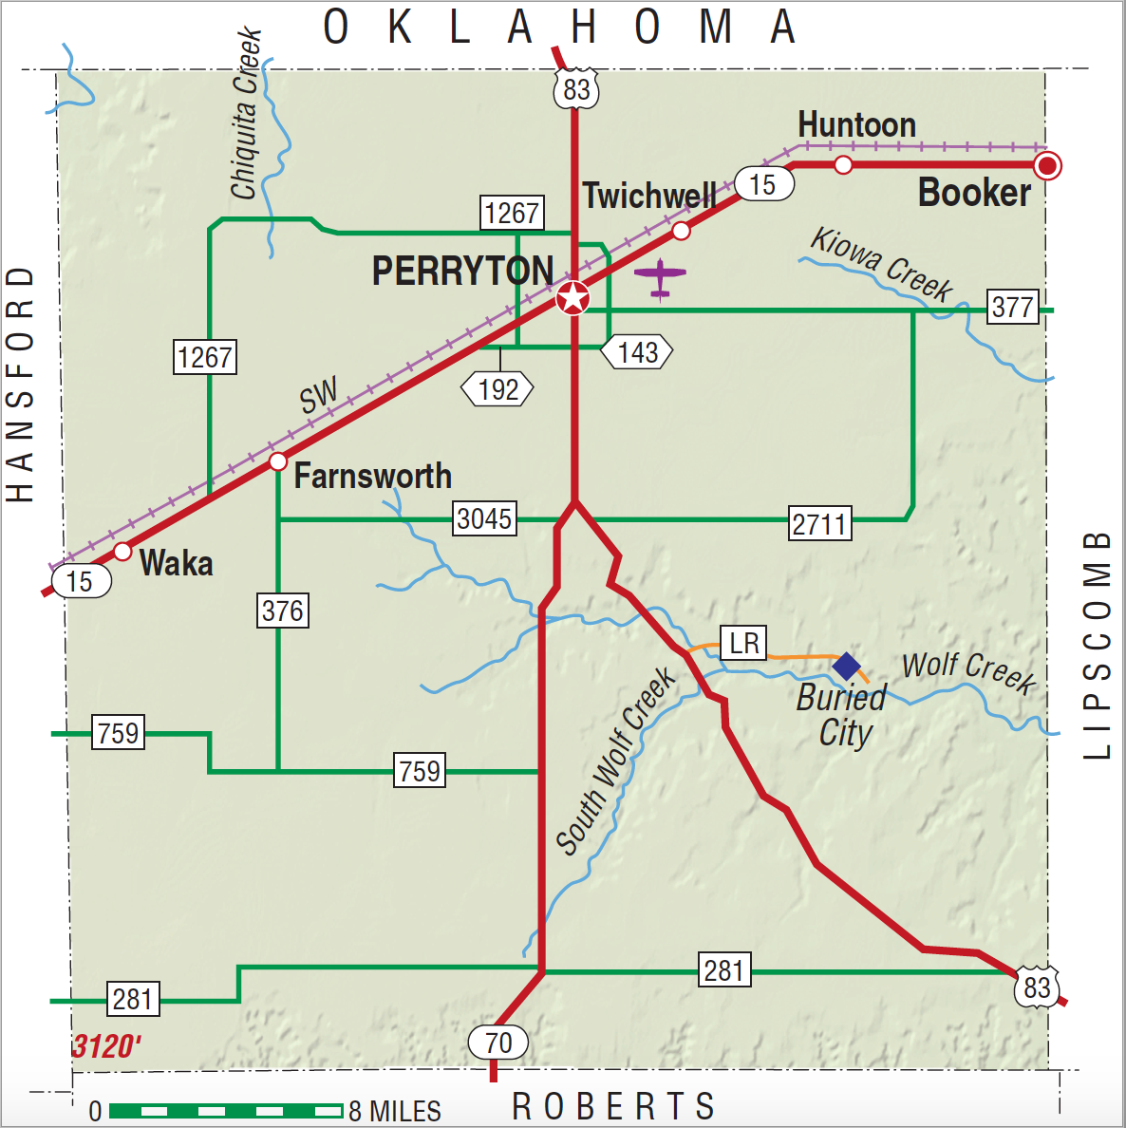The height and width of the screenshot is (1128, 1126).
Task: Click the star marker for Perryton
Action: point(572,298)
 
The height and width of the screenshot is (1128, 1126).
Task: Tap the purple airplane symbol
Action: point(660,277)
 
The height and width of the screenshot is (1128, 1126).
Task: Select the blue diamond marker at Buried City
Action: point(846,667)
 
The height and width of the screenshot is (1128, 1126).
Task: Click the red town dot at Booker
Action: point(1047,166)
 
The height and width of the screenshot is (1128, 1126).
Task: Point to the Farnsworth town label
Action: point(372,476)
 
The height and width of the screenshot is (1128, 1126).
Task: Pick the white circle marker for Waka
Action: point(122,552)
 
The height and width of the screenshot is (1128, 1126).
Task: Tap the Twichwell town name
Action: point(649,197)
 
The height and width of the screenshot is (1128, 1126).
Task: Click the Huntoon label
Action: point(856,124)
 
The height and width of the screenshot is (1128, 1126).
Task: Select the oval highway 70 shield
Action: point(498,1043)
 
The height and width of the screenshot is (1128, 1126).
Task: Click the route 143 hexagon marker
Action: point(637,352)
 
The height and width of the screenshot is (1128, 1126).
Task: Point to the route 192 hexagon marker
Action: point(497,388)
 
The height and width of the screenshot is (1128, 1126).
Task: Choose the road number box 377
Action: point(1013,307)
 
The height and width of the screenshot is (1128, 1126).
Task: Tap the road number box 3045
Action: point(484,518)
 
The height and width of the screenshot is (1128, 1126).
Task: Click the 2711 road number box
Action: point(819,523)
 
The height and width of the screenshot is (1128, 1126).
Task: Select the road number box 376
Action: point(283,610)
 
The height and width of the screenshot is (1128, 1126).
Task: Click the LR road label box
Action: point(743,643)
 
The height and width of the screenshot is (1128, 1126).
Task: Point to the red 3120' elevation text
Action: point(106,1046)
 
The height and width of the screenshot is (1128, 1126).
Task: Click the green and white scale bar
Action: point(226,1110)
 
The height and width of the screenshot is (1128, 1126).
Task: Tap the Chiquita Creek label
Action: point(245,114)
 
